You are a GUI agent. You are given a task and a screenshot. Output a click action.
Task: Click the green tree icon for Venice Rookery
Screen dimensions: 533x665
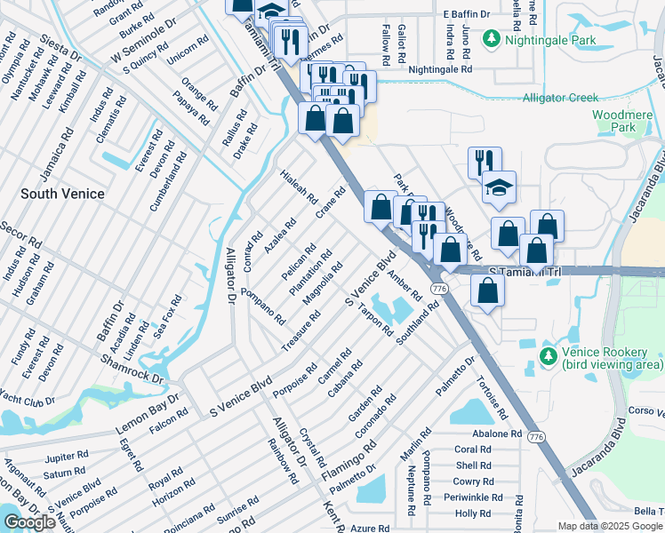click(549, 356)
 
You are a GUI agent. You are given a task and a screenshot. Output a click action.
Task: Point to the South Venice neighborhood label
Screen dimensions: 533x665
click(62, 194)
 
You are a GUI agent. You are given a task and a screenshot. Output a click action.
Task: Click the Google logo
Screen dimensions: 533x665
click(29, 522)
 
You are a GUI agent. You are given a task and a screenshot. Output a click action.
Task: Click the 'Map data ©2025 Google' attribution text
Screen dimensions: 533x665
click(610, 526)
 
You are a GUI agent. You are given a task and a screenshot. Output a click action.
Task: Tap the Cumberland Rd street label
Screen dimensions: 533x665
click(168, 182)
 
